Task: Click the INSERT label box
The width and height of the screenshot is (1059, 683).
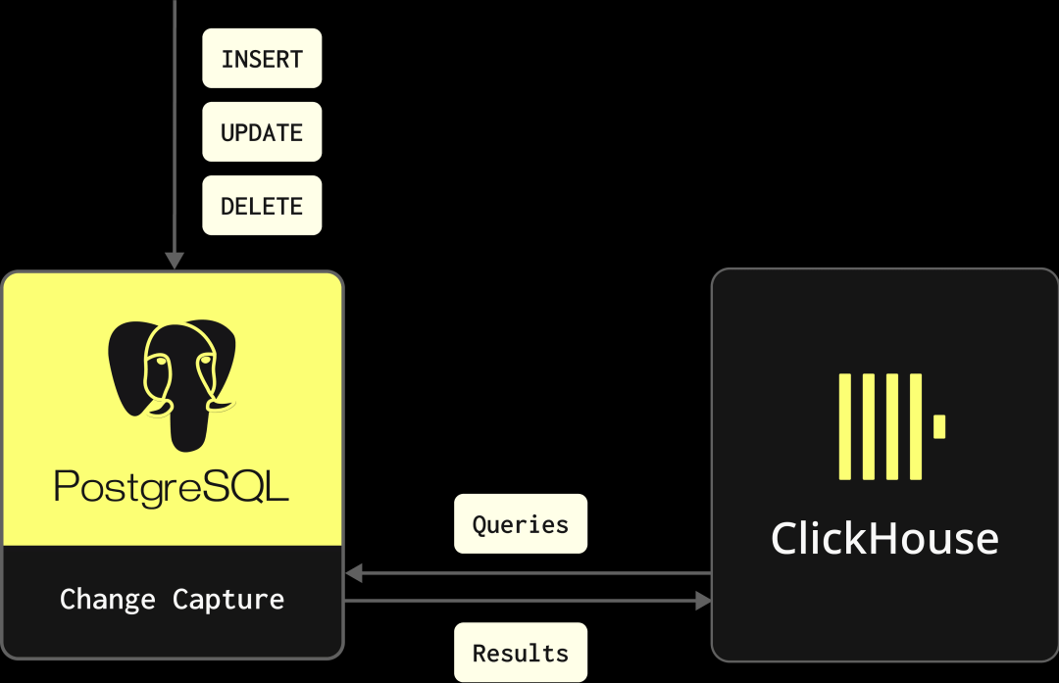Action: click(262, 59)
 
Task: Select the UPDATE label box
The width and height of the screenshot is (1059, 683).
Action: click(262, 132)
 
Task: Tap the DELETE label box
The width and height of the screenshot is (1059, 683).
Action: click(262, 206)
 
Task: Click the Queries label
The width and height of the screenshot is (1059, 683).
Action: click(520, 524)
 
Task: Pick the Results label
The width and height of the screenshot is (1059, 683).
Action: click(520, 653)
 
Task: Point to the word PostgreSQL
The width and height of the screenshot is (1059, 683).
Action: click(172, 488)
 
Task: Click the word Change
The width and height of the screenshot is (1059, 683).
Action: click(108, 599)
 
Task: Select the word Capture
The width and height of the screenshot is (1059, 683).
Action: click(228, 599)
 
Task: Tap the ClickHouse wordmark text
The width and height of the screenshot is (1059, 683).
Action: click(884, 539)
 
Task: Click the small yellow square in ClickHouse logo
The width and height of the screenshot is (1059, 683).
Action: click(939, 426)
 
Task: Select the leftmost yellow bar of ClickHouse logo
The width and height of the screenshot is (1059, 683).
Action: click(844, 426)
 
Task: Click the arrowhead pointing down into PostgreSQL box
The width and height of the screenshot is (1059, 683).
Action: click(175, 261)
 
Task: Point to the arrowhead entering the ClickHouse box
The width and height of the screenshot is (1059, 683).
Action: click(703, 601)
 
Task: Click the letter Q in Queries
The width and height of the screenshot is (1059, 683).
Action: click(479, 524)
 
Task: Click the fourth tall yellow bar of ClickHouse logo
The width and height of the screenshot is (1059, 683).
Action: click(916, 426)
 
